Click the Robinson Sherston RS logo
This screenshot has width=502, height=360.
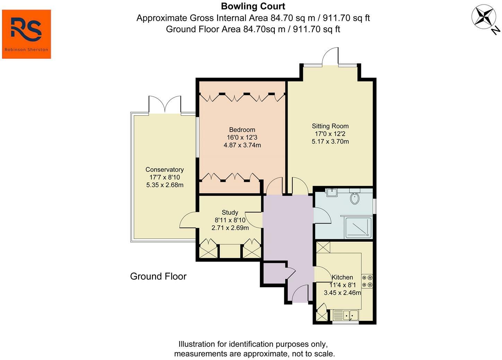26,34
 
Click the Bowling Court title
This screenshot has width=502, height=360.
253,6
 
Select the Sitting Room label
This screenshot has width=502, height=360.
330,126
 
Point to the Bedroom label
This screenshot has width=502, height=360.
242,129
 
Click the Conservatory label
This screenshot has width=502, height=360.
165,170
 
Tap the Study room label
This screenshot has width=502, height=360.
230,212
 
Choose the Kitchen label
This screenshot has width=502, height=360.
342,277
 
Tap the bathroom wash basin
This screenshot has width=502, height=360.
332,192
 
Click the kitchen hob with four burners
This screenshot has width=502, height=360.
367,281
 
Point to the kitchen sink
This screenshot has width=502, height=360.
346,315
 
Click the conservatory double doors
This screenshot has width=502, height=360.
165,104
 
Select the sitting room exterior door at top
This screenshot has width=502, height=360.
330,56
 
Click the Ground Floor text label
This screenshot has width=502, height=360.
158,276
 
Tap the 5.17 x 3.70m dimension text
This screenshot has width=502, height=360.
330,142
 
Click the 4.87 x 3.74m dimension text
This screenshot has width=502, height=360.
242,145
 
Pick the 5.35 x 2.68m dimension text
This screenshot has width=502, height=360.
165,185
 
